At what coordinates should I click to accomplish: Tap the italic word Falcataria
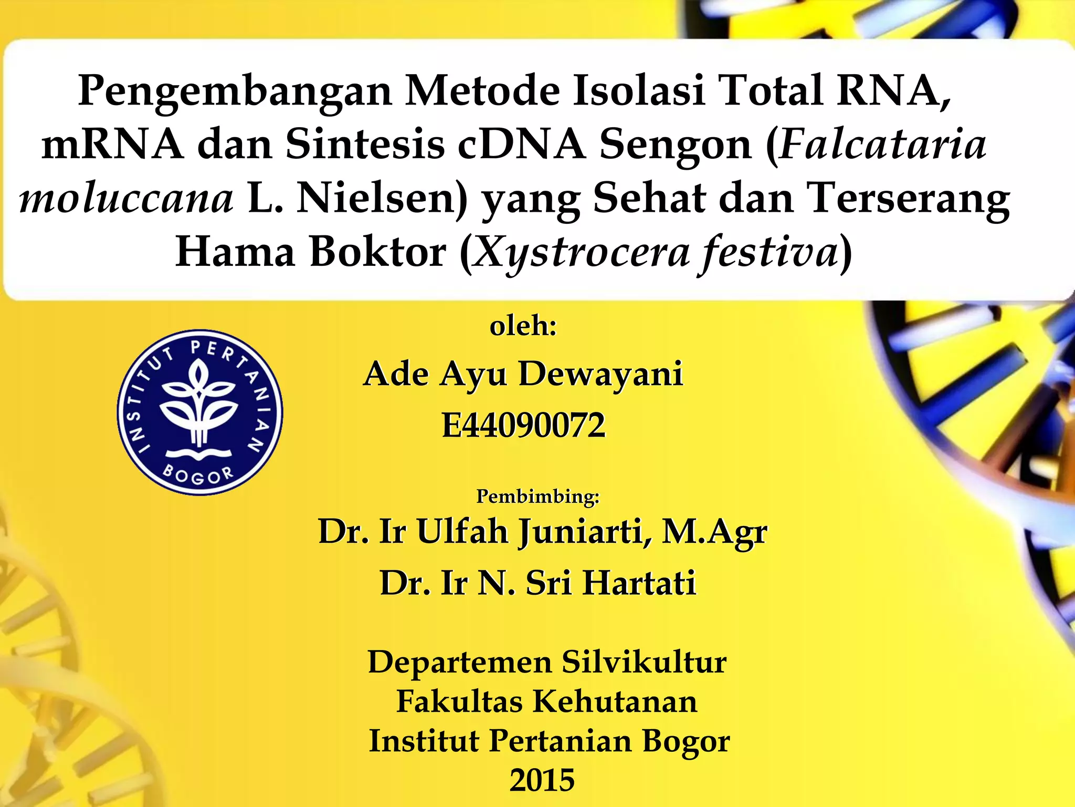coord(883,146)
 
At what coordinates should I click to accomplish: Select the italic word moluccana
coord(126,200)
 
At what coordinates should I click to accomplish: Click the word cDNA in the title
coord(521,146)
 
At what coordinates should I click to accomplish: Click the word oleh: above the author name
coord(523,326)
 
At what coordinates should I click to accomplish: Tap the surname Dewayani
coord(600,375)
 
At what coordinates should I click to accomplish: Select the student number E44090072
coord(523,425)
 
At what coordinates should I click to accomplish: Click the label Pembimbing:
coord(537,496)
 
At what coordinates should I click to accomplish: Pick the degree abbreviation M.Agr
coord(714,532)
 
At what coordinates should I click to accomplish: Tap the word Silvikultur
coord(644,662)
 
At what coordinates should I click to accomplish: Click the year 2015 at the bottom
coord(542,780)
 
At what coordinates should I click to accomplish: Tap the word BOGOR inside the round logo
coord(198,475)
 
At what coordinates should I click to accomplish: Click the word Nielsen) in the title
coord(382,200)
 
